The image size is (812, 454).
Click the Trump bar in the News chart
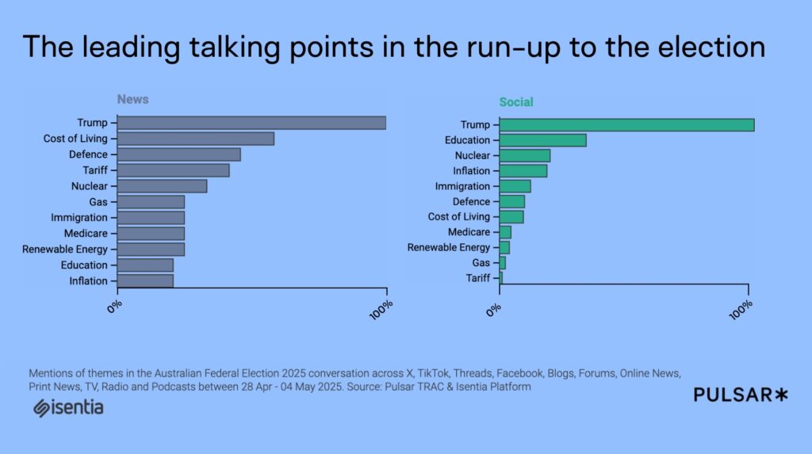point(251,123)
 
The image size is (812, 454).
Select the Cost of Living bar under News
point(195,139)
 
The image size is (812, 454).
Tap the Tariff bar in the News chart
point(173,170)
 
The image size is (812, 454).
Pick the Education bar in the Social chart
point(542,140)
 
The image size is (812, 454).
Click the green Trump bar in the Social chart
point(626,125)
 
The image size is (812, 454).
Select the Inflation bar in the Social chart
point(523,171)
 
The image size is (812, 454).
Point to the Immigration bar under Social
point(515,186)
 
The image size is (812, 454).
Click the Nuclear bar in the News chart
point(162,186)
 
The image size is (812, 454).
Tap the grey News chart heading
point(132,100)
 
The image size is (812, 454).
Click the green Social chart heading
point(515,102)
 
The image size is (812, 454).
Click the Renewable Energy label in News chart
point(65,250)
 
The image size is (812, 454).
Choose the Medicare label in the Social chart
point(469,232)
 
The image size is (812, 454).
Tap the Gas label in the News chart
point(98,202)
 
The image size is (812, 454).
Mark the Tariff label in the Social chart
point(477,278)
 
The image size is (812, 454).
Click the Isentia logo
point(68,408)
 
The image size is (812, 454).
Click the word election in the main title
point(706,48)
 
